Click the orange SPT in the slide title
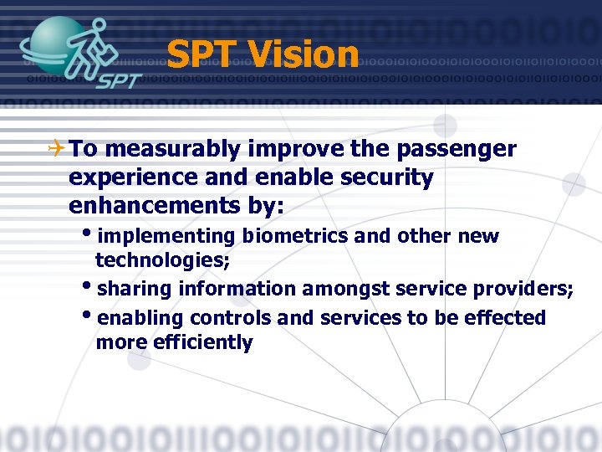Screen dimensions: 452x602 [203, 55]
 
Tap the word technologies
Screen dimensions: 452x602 [162, 260]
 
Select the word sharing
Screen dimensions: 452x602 [134, 290]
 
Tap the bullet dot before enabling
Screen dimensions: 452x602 [89, 317]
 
